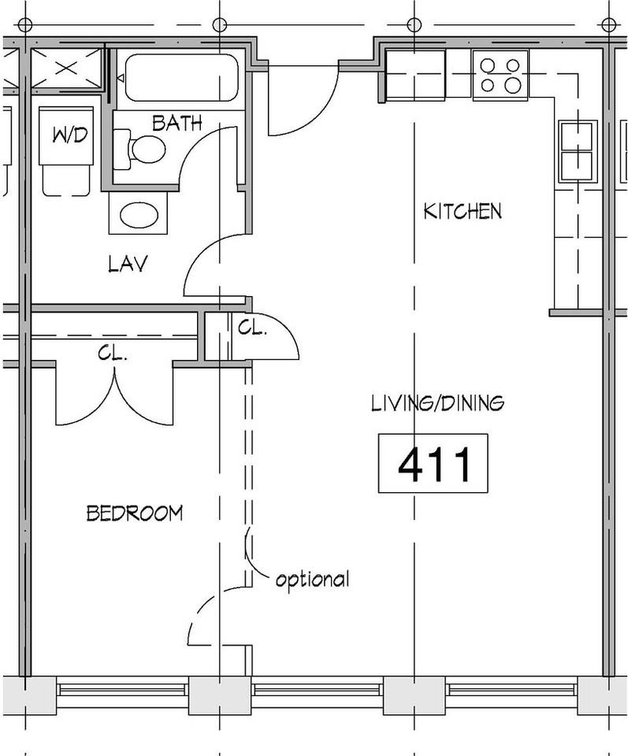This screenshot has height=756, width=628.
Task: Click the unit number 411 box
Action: point(433,463)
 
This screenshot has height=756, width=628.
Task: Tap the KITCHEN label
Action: point(463,211)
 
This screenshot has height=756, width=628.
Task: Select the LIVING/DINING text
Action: point(438,403)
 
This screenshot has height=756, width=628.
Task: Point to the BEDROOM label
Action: point(135,513)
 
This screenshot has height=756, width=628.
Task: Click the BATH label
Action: point(177,124)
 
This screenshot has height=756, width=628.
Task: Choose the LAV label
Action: point(128,264)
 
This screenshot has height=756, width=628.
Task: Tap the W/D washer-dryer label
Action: point(70,135)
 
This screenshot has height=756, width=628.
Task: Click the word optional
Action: point(312,579)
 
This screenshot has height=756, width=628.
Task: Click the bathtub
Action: point(182,77)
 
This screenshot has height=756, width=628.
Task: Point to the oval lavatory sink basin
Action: point(139,215)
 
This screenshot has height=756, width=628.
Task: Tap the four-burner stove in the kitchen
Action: point(500,75)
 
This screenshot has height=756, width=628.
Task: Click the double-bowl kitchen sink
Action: point(576,151)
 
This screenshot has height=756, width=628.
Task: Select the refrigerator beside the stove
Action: point(415,75)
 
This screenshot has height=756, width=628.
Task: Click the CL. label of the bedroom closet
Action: point(113,354)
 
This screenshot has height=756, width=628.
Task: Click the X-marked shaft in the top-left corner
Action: point(66,68)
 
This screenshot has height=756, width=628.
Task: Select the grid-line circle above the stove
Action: point(413,24)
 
